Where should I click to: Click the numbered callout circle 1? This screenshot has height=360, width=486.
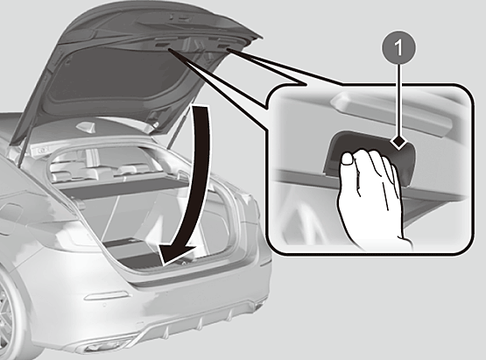[x=398, y=48]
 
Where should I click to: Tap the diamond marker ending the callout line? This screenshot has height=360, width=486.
[x=399, y=142]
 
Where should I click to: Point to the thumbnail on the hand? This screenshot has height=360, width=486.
[x=347, y=159]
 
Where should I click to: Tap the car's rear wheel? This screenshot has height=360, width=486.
[x=7, y=316]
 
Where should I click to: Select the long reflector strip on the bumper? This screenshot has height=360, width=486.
[x=106, y=296]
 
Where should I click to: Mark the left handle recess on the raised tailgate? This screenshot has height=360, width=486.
[x=162, y=45]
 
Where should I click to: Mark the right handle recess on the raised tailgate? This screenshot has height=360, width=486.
[x=222, y=46]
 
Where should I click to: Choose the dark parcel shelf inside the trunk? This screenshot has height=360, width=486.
[x=124, y=188]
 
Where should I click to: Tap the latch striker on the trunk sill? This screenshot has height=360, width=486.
[x=184, y=263]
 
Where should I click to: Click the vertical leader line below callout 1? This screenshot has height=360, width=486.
[x=399, y=100]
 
